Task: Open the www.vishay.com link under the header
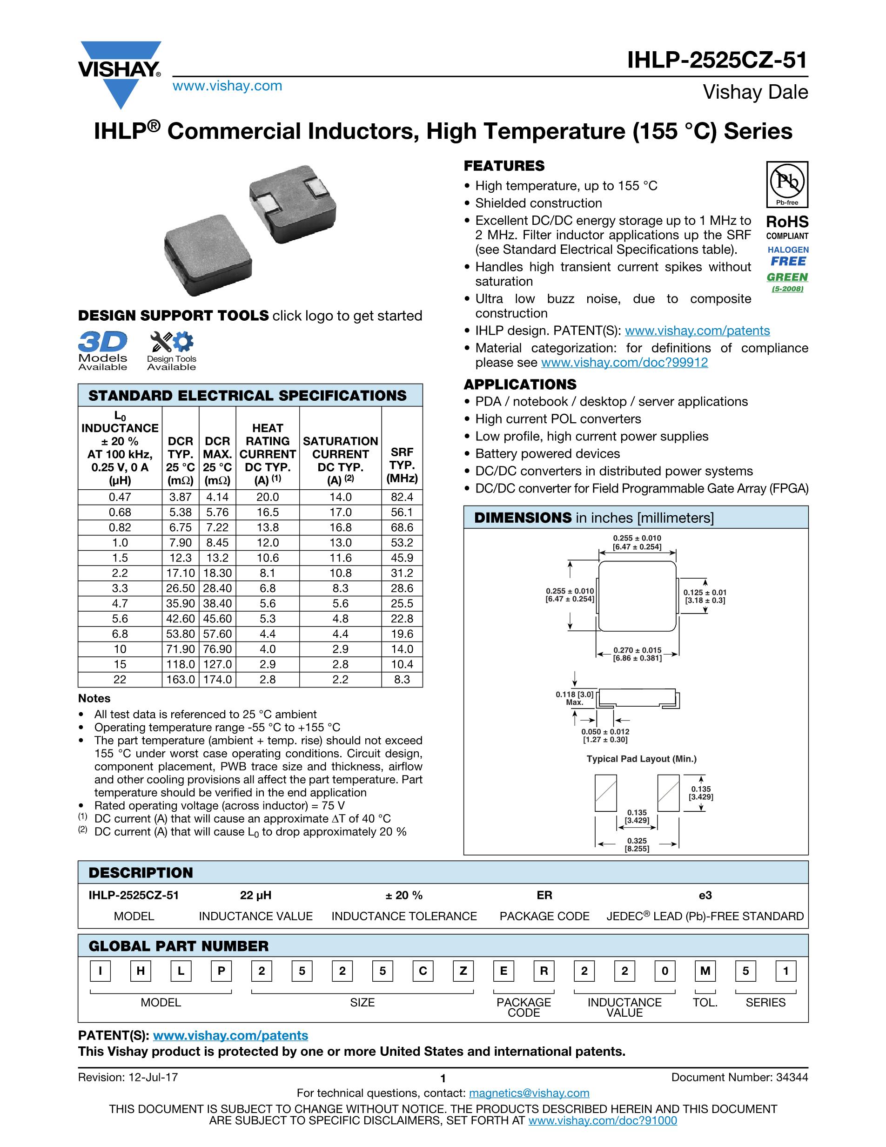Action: click(227, 86)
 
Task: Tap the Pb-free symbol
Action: click(787, 184)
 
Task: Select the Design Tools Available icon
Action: click(172, 351)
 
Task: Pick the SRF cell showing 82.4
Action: click(402, 497)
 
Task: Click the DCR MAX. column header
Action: click(217, 460)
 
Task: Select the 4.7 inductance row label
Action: click(120, 603)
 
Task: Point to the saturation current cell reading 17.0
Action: click(341, 512)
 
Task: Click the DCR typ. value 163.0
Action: click(181, 680)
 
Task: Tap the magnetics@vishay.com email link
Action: click(529, 1093)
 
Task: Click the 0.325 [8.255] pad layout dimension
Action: click(637, 844)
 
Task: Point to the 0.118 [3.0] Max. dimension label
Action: click(575, 698)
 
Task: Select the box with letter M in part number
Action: click(705, 971)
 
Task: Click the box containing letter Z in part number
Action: click(463, 971)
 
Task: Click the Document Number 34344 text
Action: click(739, 1077)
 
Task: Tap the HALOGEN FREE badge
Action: click(788, 256)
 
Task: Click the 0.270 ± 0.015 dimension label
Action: click(637, 654)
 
